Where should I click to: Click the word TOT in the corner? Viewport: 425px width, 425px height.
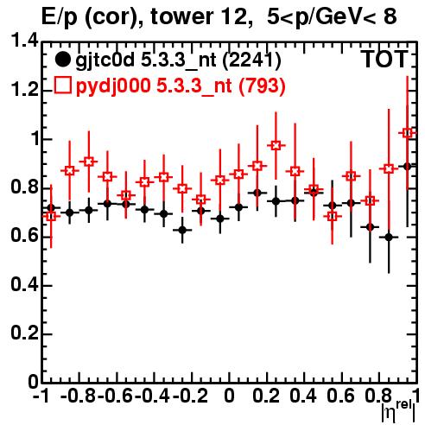click(385, 60)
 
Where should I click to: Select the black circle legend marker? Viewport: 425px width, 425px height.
click(62, 60)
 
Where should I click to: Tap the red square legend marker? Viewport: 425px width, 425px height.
click(62, 86)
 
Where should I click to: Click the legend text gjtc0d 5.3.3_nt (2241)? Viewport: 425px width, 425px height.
click(178, 60)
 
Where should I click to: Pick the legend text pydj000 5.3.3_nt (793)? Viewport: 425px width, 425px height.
click(181, 86)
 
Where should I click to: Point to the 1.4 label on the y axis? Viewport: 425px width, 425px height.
click(24, 41)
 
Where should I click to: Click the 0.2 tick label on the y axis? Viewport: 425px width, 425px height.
click(24, 333)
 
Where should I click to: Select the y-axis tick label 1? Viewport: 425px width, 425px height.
click(34, 139)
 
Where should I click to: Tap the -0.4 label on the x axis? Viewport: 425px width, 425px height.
click(153, 396)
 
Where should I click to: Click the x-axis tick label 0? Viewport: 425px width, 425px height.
click(229, 396)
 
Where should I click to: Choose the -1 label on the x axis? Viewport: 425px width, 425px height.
click(41, 396)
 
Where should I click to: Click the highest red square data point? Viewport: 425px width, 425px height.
click(407, 133)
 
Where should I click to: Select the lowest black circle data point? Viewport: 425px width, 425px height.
click(389, 238)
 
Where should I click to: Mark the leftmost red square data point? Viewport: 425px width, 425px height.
click(51, 216)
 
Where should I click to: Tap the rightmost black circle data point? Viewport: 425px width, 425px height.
click(407, 166)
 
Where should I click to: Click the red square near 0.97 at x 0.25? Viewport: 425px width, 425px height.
click(276, 145)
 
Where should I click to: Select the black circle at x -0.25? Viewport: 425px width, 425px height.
click(182, 230)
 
